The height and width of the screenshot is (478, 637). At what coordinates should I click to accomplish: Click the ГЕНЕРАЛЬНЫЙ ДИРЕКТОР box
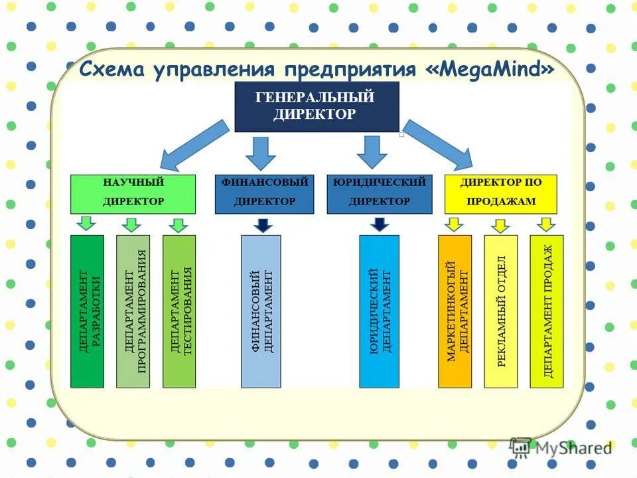point(317,106)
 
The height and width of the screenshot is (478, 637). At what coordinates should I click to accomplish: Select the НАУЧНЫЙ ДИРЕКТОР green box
point(133,193)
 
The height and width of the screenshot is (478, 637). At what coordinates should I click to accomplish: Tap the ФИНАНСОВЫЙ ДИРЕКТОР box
point(264,193)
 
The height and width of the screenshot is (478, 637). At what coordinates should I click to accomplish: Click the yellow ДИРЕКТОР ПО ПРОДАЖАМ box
point(501,193)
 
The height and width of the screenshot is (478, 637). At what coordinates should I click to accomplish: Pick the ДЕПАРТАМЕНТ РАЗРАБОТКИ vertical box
point(88,311)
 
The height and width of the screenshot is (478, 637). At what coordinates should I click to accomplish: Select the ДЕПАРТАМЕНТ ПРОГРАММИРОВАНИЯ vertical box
point(133,311)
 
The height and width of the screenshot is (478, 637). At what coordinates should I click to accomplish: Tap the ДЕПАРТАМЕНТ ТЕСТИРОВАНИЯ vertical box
point(179,311)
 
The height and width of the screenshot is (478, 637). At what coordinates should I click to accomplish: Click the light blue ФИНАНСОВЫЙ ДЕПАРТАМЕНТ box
point(261,311)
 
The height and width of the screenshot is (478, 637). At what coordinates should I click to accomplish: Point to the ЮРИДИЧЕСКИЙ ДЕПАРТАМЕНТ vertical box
point(379,311)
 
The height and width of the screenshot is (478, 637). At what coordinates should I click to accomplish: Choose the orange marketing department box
point(455,311)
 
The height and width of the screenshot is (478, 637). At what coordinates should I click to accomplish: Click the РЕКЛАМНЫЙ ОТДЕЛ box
point(501,311)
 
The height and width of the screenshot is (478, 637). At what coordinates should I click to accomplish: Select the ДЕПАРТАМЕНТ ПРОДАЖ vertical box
point(547,311)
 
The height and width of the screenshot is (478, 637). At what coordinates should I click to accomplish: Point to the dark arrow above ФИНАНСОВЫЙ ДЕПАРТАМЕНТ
point(263,224)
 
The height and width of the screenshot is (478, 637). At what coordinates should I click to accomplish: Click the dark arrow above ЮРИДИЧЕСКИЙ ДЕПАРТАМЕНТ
point(379,224)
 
